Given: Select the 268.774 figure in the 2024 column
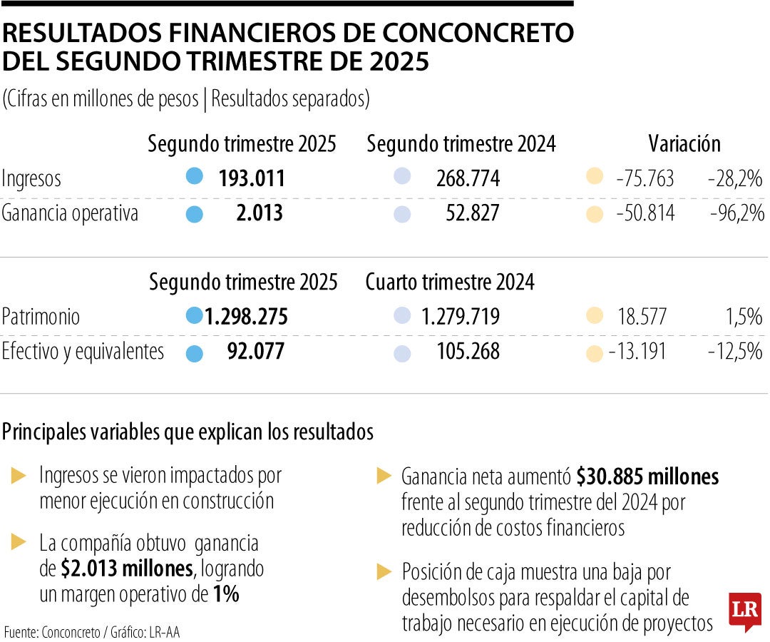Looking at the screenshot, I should click(468, 178).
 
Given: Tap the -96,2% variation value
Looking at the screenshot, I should click(736, 213).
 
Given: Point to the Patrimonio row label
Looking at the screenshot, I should click(41, 317).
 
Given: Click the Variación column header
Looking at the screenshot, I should click(684, 144).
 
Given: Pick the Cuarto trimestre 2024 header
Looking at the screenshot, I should click(450, 282).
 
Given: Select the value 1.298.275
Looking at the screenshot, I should click(246, 317).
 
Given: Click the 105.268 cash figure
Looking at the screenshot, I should click(468, 352).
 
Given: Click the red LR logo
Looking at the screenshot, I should click(744, 611).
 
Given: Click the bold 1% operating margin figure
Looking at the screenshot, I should click(226, 594).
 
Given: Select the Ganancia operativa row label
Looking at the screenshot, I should click(69, 213).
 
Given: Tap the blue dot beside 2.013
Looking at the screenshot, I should click(194, 213).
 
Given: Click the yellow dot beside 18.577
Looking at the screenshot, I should click(594, 317).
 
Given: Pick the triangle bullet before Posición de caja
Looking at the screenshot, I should click(384, 571).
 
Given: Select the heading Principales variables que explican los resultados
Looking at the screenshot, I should click(188, 432).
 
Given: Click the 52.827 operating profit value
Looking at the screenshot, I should click(468, 213).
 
